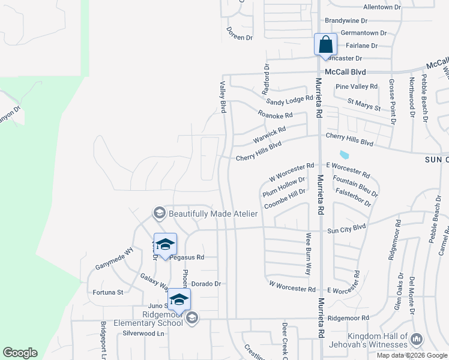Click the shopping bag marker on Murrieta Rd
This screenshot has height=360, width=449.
(x=325, y=44)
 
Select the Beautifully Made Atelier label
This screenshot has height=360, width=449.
(x=213, y=214)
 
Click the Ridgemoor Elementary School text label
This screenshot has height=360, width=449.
(x=162, y=319)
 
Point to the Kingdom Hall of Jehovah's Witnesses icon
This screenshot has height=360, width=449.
(x=417, y=341)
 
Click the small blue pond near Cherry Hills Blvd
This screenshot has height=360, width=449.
(x=344, y=155)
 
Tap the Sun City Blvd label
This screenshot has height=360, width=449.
(x=346, y=227)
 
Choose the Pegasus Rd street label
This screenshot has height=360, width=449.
(x=187, y=257)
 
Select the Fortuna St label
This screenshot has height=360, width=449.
(x=108, y=293)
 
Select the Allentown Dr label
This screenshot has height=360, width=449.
(x=382, y=7)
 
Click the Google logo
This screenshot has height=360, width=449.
(x=20, y=353)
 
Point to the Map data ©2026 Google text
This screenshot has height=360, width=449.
(x=411, y=355)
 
